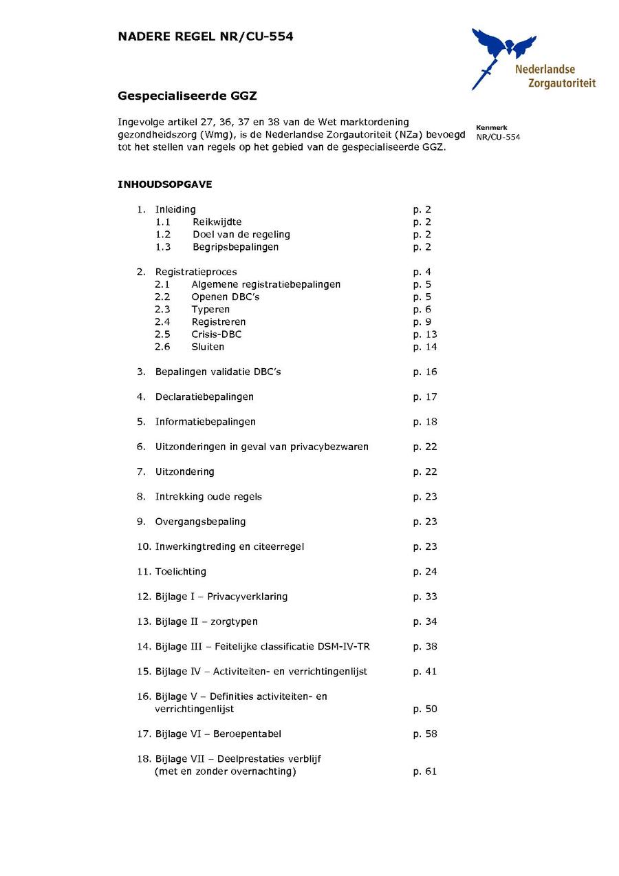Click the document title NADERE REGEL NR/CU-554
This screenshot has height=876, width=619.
pyautogui.click(x=206, y=37)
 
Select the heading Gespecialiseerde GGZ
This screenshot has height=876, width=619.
pyautogui.click(x=187, y=96)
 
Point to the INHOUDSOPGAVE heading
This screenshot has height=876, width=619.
pyautogui.click(x=165, y=184)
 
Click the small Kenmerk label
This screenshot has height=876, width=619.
pyautogui.click(x=491, y=127)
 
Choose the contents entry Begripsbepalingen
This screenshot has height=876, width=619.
pyautogui.click(x=235, y=247)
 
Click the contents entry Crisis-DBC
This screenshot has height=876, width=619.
pyautogui.click(x=217, y=334)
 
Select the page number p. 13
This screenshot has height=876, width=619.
pyautogui.click(x=424, y=334)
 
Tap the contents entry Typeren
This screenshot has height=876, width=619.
pyautogui.click(x=210, y=310)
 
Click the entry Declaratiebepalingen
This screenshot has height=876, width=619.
pyautogui.click(x=204, y=397)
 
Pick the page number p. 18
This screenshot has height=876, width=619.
pyautogui.click(x=424, y=422)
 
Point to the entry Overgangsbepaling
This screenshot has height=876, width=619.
pyautogui.click(x=200, y=522)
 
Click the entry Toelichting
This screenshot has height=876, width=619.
pyautogui.click(x=180, y=572)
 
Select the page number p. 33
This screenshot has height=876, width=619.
pyautogui.click(x=424, y=597)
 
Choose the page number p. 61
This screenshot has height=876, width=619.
pyautogui.click(x=424, y=771)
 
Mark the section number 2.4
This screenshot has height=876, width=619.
pyautogui.click(x=162, y=322)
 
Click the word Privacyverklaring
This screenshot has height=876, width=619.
pyautogui.click(x=248, y=597)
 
